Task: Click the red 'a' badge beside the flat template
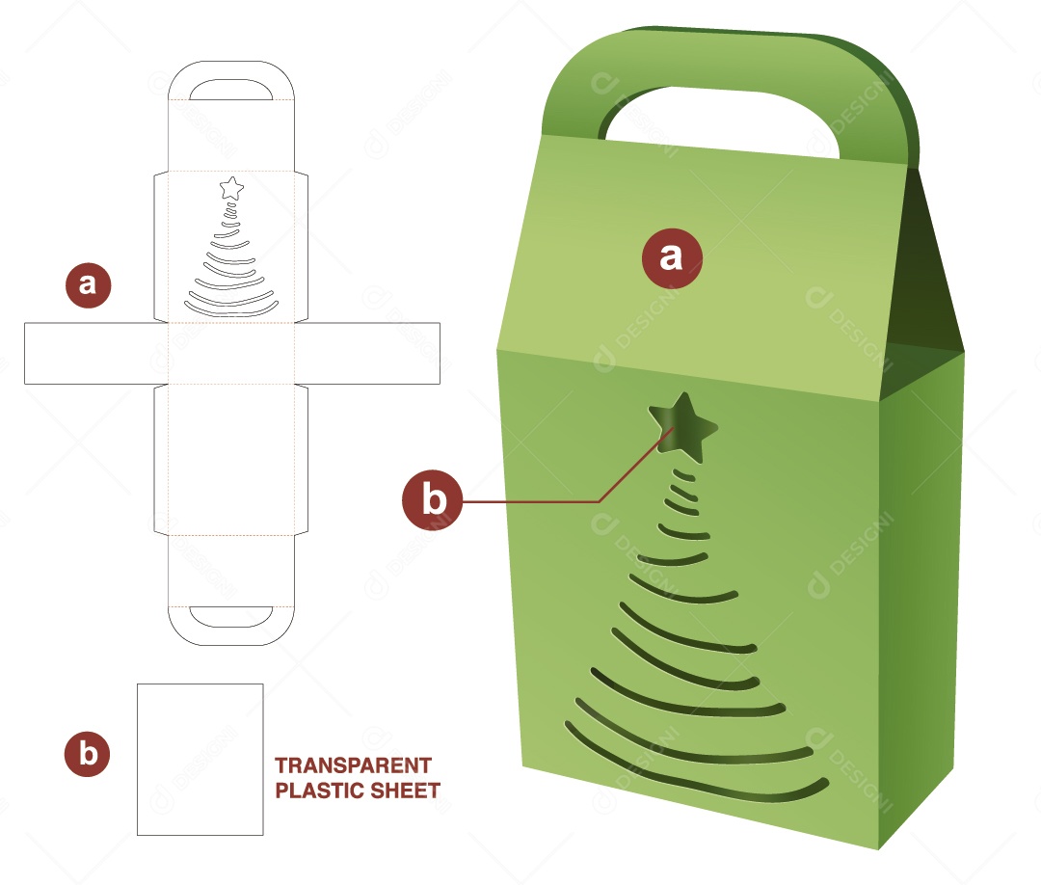coord(88,284)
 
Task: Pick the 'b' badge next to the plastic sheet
coord(88,754)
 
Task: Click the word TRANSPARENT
coord(353,765)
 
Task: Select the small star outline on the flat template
coord(231,188)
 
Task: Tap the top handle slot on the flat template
coord(231,91)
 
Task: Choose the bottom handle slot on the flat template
coord(231,614)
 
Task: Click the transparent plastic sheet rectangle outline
coord(200,759)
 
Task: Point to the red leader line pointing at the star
coord(540,501)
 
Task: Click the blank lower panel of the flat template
coord(231,458)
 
